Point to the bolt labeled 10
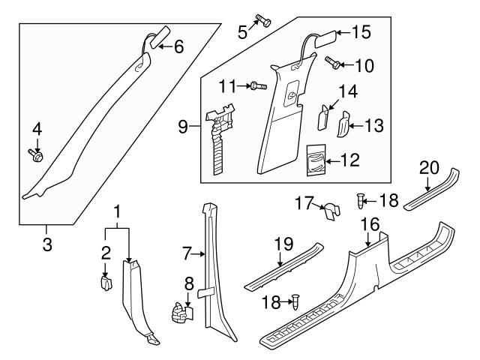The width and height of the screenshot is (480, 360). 333,62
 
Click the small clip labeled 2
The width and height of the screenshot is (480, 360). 106,283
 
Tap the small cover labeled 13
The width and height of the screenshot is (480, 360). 342,124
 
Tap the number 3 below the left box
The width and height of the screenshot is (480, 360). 46,245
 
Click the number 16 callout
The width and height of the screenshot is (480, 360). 368,223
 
